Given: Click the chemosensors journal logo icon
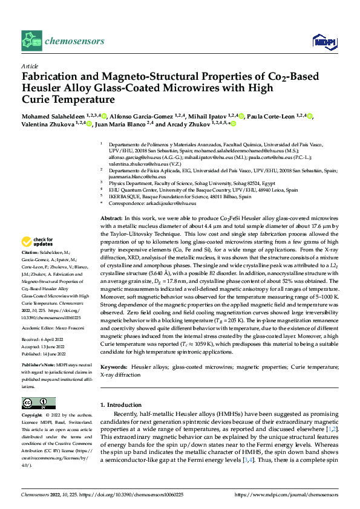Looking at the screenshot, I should pyautogui.click(x=31, y=41).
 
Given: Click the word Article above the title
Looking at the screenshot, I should pyautogui.click(x=29, y=66).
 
